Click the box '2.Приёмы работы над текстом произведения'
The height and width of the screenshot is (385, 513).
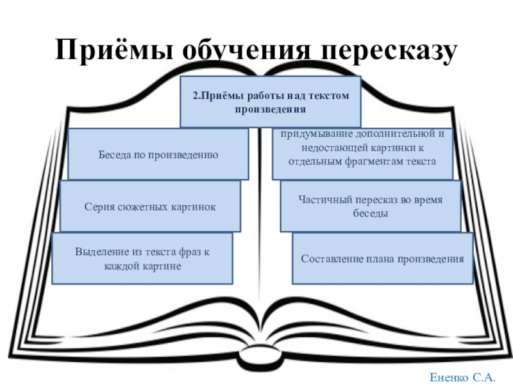(271, 101)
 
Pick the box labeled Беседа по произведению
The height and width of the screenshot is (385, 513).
(158, 154)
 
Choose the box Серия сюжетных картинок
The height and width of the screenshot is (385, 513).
(150, 207)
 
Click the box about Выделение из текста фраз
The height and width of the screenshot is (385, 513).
(142, 259)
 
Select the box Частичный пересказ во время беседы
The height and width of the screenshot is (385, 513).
(371, 206)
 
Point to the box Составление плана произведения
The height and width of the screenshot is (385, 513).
(383, 259)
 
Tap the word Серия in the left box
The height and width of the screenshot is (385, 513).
(98, 207)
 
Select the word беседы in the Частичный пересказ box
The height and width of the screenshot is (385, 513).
(371, 213)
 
